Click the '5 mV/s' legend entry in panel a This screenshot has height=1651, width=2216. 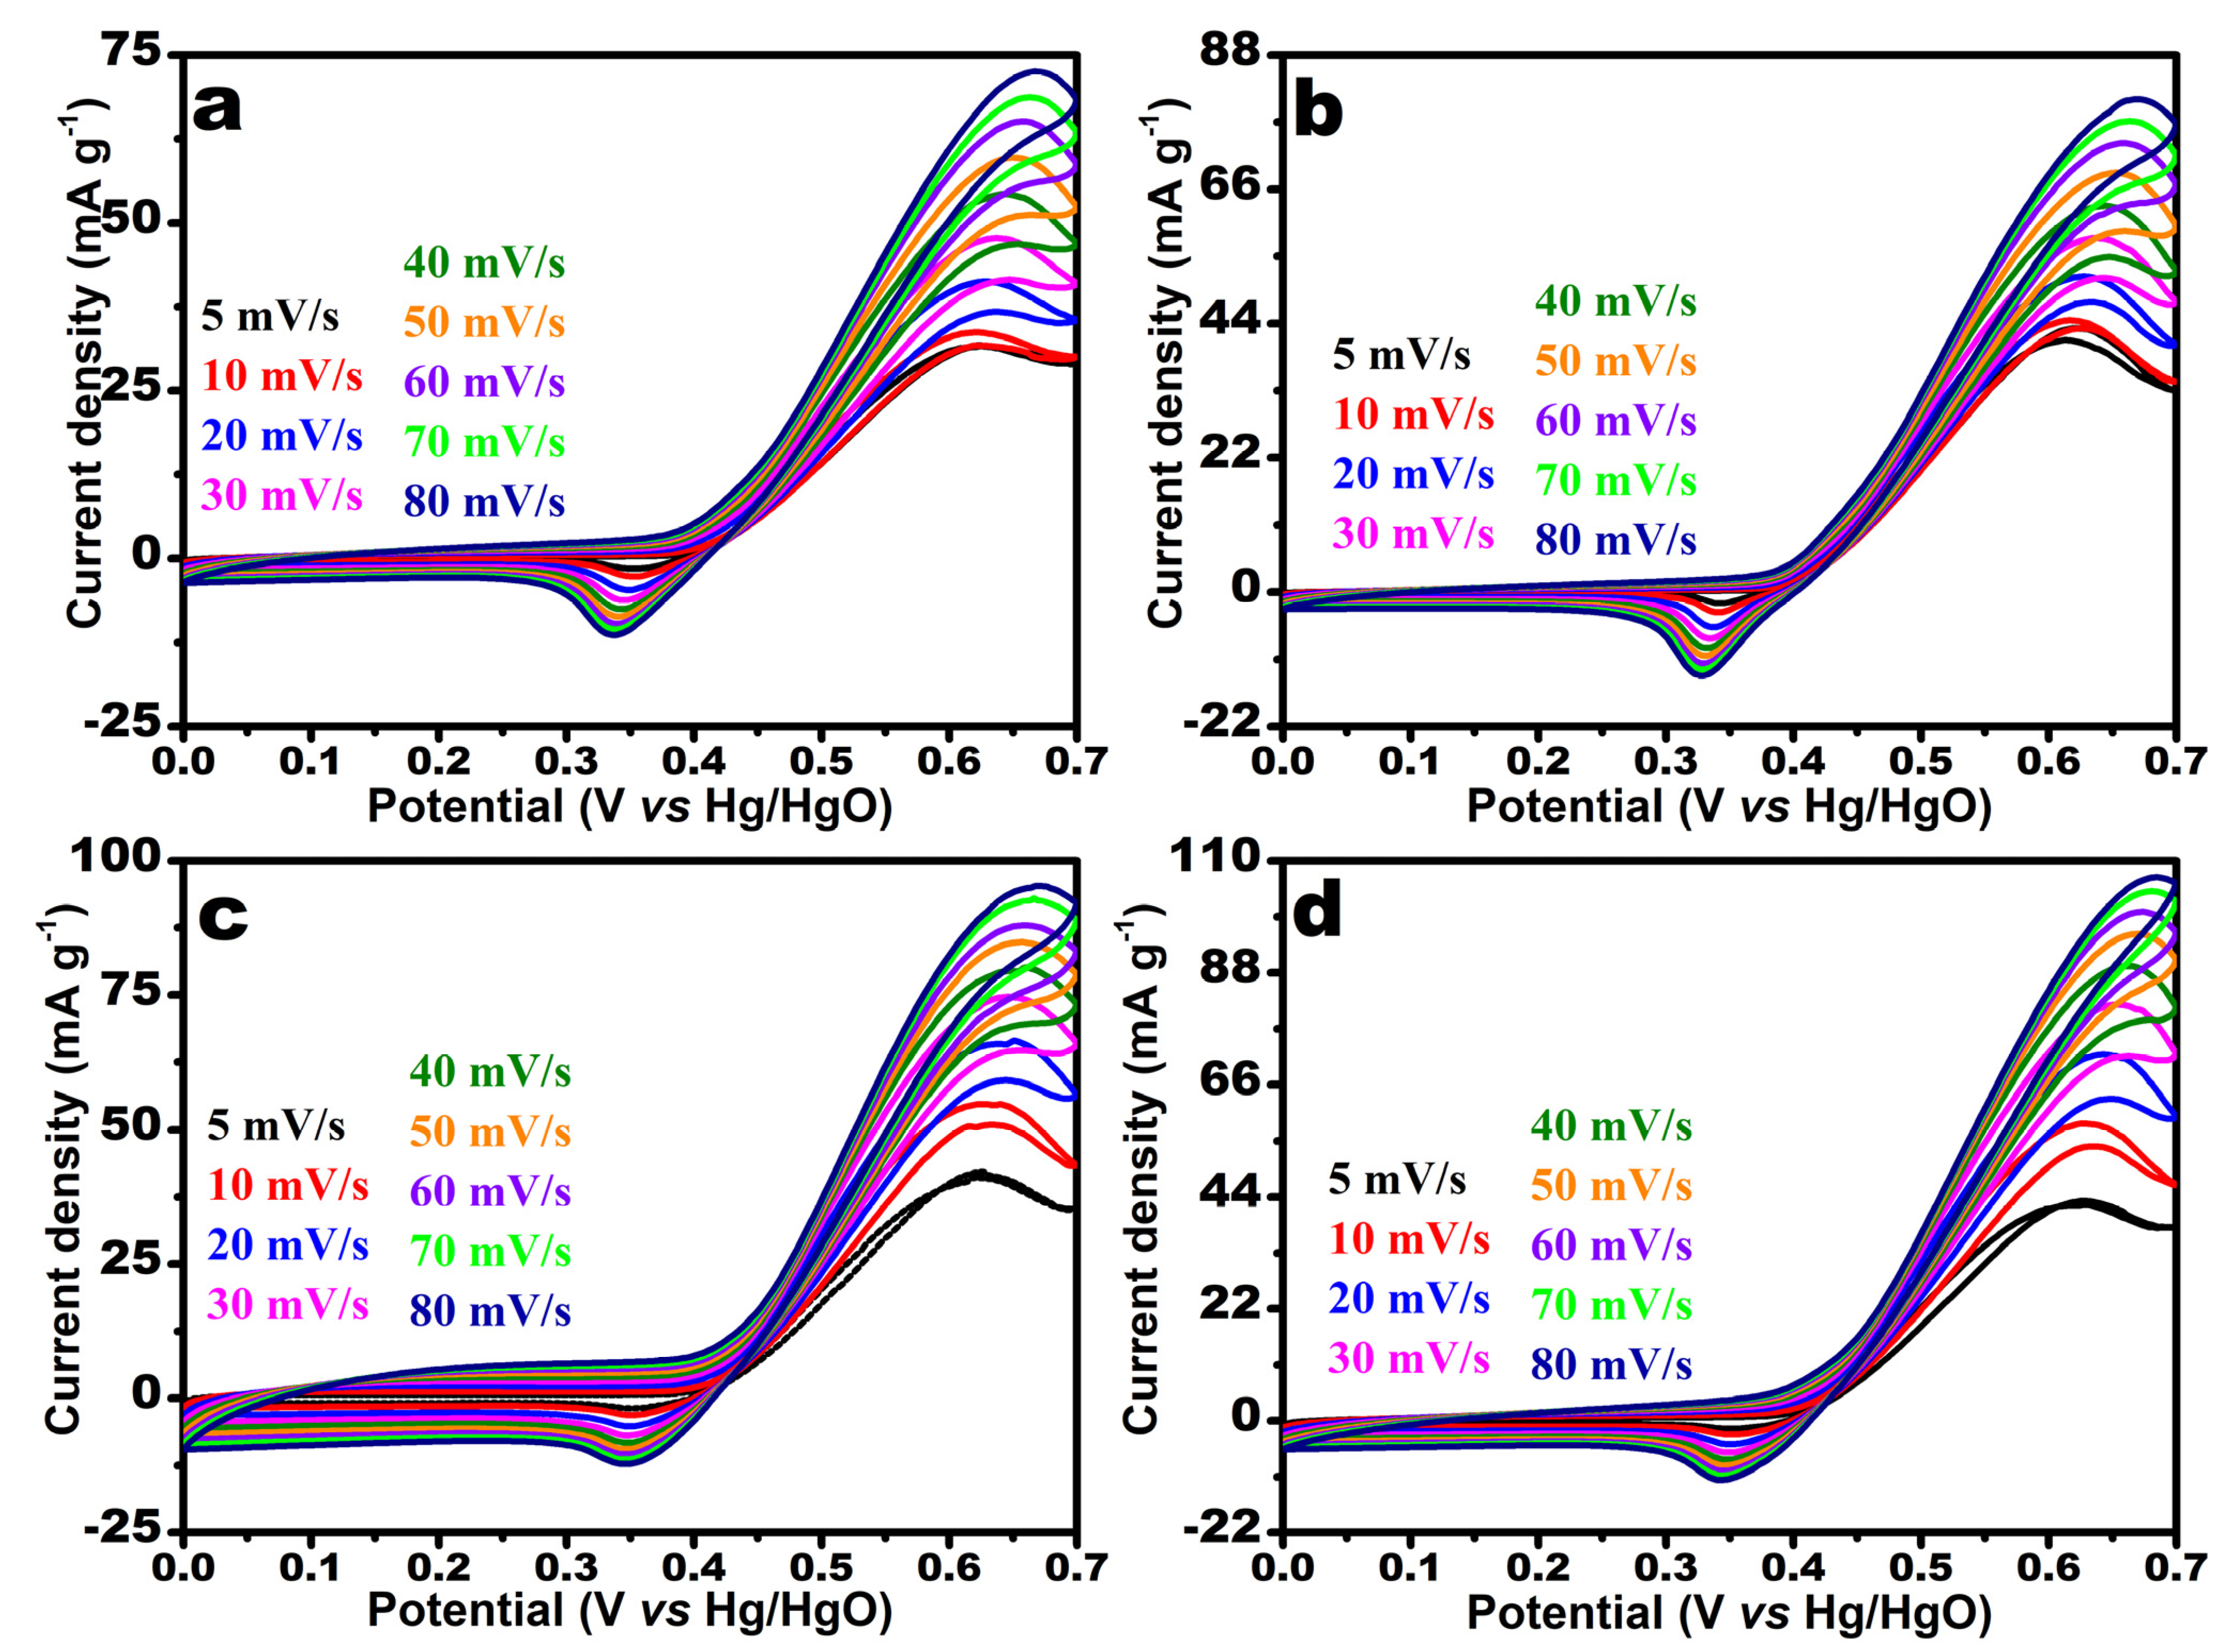(270, 317)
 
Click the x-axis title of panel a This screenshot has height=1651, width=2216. (630, 806)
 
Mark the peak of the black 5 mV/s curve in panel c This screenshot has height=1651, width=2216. (980, 1174)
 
